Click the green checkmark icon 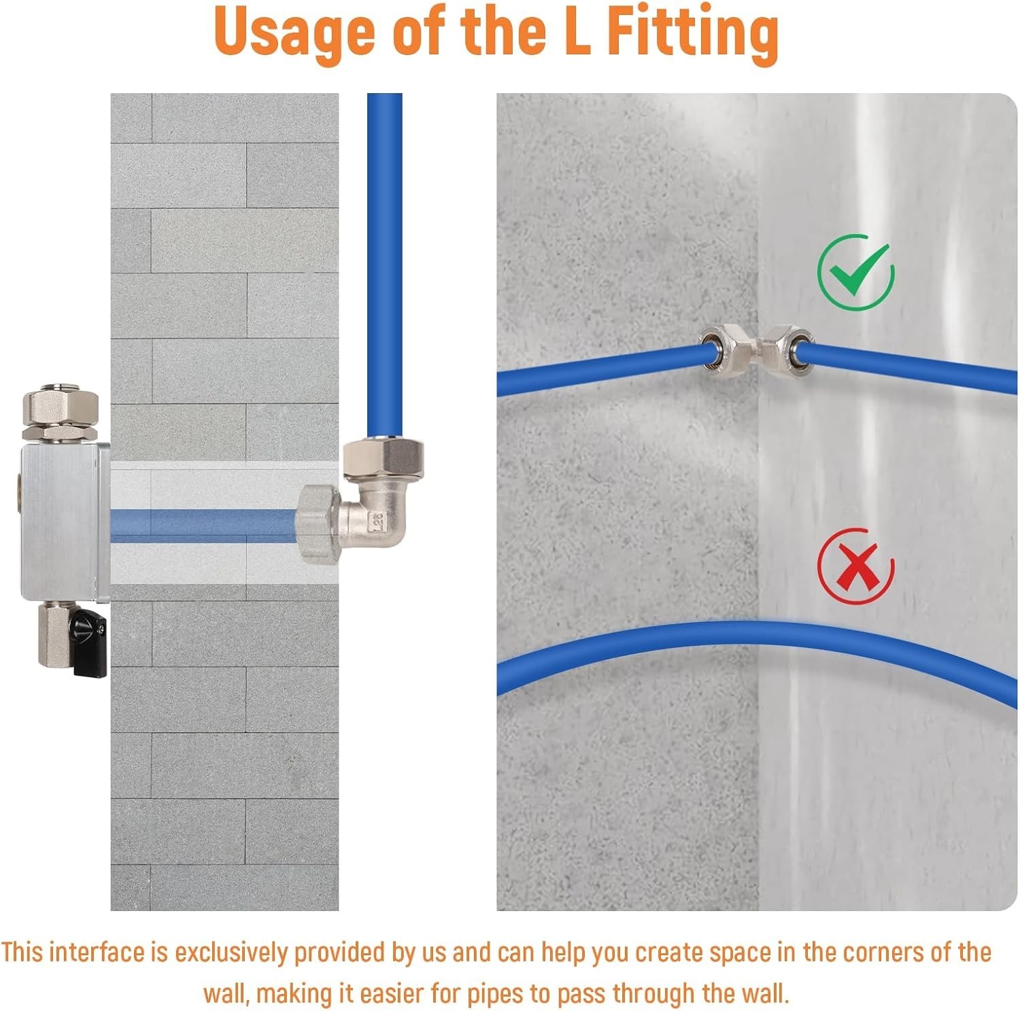(855, 273)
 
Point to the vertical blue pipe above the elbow (384, 267)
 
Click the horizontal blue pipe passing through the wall (204, 525)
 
